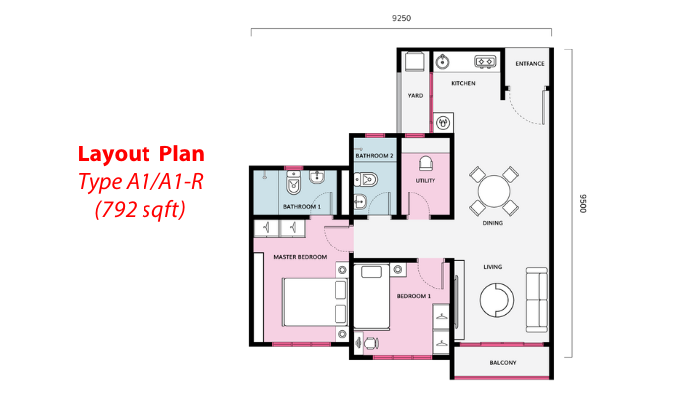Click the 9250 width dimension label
401,18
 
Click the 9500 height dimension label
583,203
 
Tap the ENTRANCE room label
529,64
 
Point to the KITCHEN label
463,83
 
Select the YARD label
415,95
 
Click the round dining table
494,191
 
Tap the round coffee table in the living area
497,300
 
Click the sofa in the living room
537,300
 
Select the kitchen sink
442,62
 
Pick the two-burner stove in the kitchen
485,62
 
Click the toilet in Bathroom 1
294,182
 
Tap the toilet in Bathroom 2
365,179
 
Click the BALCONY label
503,363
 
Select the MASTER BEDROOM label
300,257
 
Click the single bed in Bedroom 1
372,297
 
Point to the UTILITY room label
425,181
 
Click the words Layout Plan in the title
142,154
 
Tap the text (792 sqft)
141,210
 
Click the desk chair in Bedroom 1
371,344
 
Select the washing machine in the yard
415,62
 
